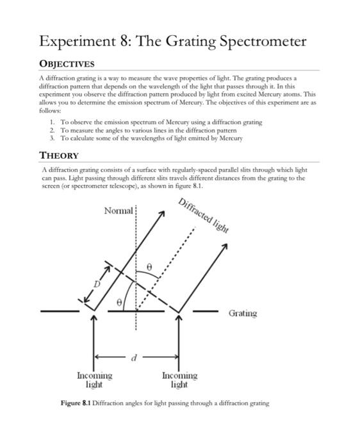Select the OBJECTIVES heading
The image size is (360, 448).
(67, 64)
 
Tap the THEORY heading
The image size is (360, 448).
(60, 155)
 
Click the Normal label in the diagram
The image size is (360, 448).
(118, 211)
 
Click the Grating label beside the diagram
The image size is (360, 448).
(243, 314)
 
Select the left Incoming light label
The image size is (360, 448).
(95, 380)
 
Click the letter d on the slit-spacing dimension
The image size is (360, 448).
(134, 358)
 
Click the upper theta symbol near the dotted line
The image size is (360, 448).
(151, 263)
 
